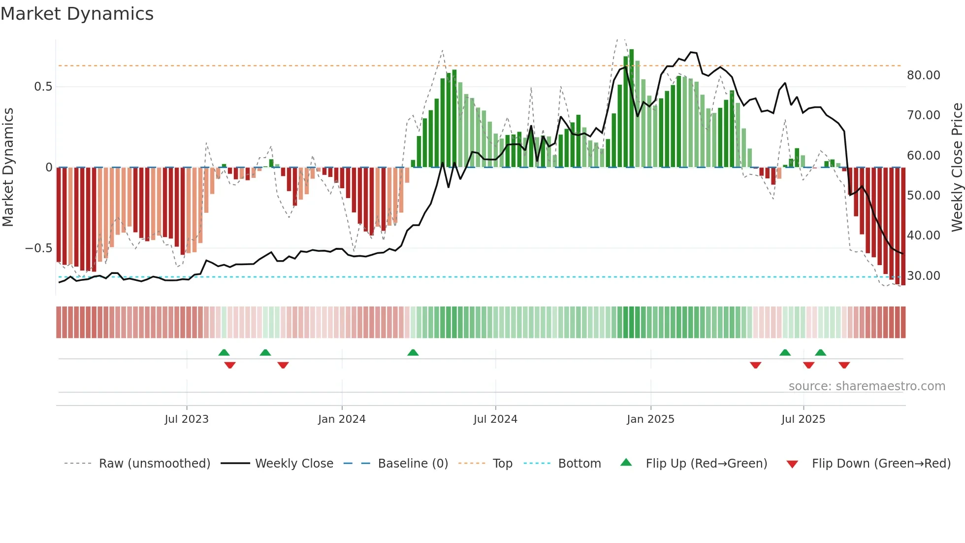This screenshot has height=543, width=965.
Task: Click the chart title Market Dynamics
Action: click(77, 14)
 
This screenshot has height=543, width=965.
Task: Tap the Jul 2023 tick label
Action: click(187, 419)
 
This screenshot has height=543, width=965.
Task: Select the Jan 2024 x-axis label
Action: click(342, 419)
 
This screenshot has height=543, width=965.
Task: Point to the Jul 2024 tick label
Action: click(495, 419)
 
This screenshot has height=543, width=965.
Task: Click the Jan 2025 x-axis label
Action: click(650, 419)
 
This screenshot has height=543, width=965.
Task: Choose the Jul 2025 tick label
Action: click(803, 419)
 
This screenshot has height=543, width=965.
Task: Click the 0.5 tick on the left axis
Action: click(43, 87)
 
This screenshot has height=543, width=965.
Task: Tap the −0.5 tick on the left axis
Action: click(39, 248)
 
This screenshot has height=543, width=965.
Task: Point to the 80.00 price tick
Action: click(924, 75)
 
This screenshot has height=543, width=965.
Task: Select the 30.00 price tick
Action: click(924, 276)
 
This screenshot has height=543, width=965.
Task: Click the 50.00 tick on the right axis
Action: click(924, 196)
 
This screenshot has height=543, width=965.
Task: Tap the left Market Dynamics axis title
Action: click(8, 168)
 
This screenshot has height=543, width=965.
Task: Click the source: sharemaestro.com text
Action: click(867, 386)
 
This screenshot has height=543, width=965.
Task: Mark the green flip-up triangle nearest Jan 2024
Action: click(413, 353)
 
